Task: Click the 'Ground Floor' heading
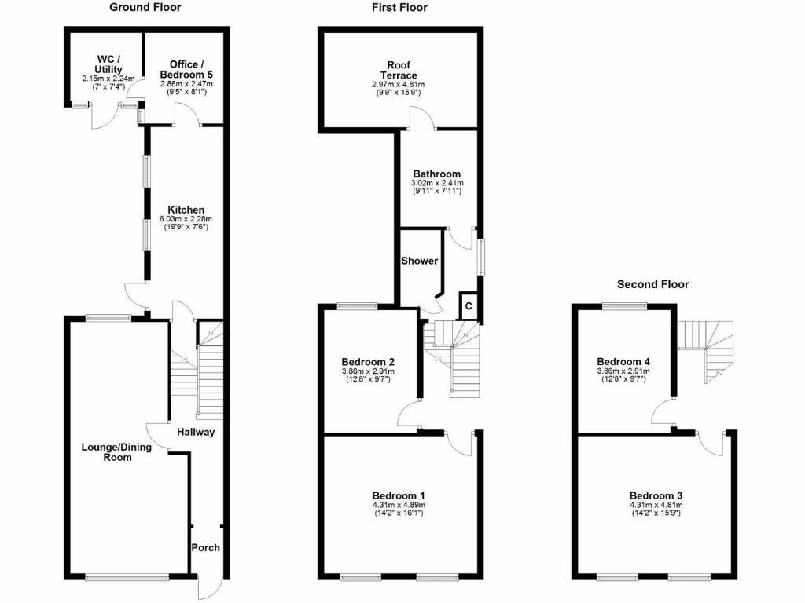[x=145, y=8]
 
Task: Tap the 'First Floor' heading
[x=399, y=8]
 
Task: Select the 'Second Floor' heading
[x=652, y=284]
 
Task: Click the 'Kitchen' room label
[x=186, y=210]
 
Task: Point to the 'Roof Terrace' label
[x=398, y=70]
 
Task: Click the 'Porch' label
[x=206, y=547]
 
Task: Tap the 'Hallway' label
[x=196, y=432]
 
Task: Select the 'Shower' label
[x=420, y=261]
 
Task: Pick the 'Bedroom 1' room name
[x=399, y=495]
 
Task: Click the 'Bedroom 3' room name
[x=656, y=495]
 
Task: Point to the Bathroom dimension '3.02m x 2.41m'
[x=437, y=183]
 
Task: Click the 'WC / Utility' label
[x=108, y=64]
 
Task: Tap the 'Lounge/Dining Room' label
[x=107, y=451]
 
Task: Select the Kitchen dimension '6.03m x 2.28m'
[x=186, y=219]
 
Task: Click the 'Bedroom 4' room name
[x=622, y=362]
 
